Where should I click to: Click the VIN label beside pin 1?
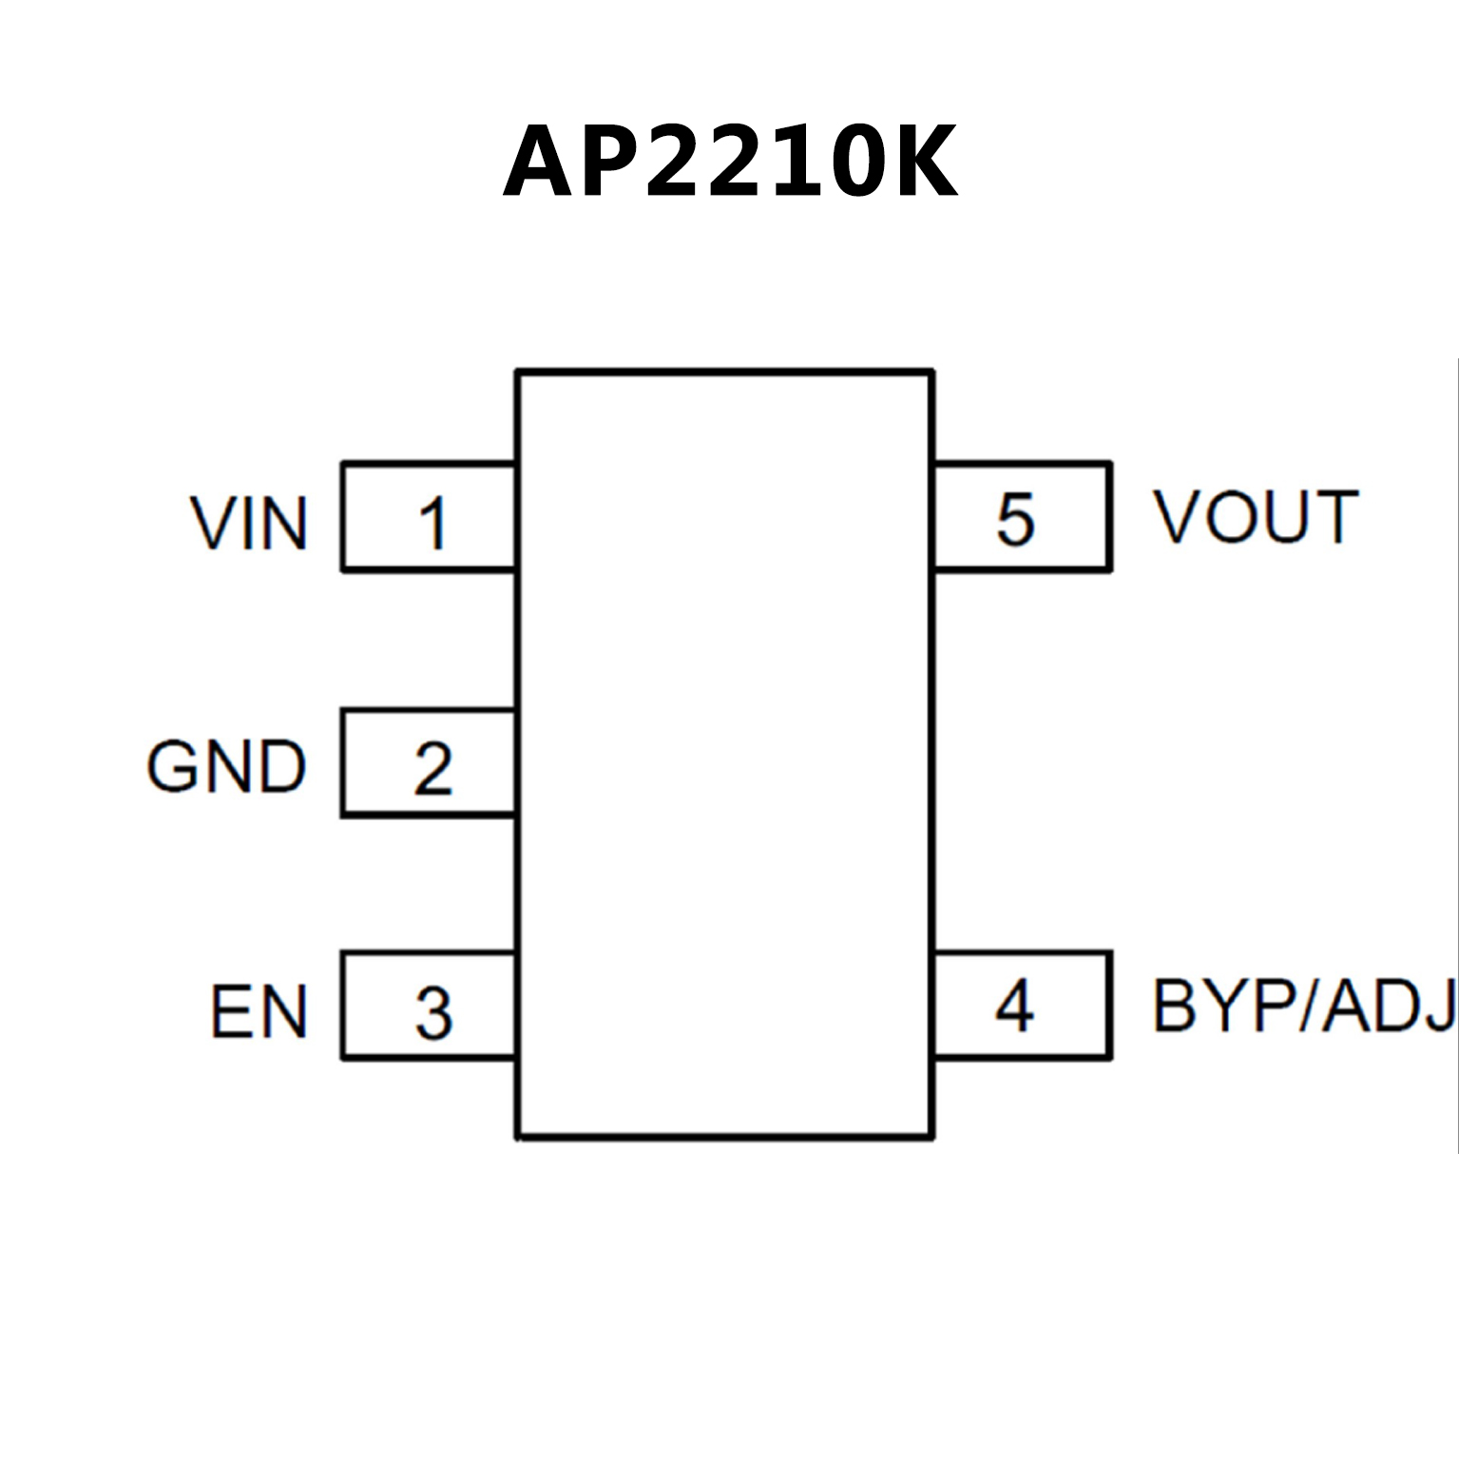click(x=249, y=524)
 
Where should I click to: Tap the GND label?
click(x=226, y=767)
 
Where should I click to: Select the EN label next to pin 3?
click(x=259, y=1012)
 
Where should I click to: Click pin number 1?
click(x=432, y=524)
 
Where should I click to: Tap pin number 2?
click(x=432, y=769)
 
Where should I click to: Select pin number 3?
click(x=433, y=1013)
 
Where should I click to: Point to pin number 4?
click(x=1014, y=1007)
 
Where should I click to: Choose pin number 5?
click(x=1015, y=520)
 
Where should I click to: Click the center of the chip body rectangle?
click(x=724, y=755)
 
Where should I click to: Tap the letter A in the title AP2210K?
click(x=537, y=163)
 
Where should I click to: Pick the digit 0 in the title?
click(x=848, y=163)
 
